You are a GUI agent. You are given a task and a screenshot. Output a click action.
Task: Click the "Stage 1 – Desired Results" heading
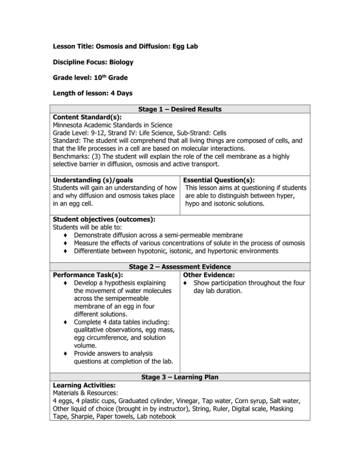coord(180,109)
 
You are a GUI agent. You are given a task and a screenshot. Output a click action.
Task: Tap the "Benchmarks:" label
coord(70,154)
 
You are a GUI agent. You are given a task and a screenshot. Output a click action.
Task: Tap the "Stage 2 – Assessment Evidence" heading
coord(180,267)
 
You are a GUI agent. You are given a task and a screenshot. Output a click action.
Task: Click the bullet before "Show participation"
coord(186,283)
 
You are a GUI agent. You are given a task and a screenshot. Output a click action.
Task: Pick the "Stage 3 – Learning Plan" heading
coord(180,377)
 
